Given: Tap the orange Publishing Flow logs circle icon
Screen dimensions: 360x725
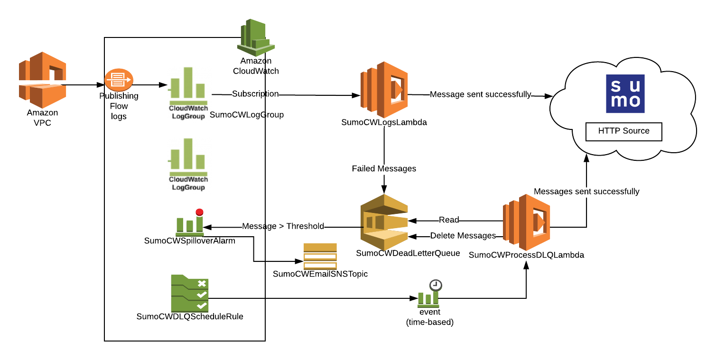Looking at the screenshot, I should click(119, 81).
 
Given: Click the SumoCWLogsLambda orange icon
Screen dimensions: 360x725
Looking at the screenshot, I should click(384, 90).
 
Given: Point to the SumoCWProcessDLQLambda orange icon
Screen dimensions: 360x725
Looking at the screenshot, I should click(526, 222).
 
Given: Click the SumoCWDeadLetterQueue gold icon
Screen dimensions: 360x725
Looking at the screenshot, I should click(384, 222).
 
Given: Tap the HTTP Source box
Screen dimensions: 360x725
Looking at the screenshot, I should click(623, 131).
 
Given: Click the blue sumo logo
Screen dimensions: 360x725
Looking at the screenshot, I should click(625, 93).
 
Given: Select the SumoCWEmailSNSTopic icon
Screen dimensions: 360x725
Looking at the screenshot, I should click(320, 256).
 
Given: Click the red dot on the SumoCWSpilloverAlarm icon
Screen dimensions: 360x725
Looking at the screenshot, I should click(199, 212).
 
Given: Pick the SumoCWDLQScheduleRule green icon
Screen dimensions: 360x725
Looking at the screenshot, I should click(189, 293).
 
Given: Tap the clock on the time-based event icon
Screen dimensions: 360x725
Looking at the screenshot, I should click(436, 285).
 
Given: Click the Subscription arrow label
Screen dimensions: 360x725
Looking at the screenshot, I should click(255, 94).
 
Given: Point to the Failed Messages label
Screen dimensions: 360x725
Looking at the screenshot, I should click(384, 169).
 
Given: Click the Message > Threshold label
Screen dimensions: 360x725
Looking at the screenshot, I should click(283, 226).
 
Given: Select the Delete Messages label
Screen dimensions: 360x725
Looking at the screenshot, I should click(463, 236).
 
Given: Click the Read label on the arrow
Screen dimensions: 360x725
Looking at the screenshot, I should click(448, 220).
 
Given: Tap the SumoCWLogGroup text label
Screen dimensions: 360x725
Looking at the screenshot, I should click(246, 115).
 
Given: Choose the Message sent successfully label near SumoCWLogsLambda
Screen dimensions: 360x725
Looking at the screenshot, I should click(480, 94).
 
